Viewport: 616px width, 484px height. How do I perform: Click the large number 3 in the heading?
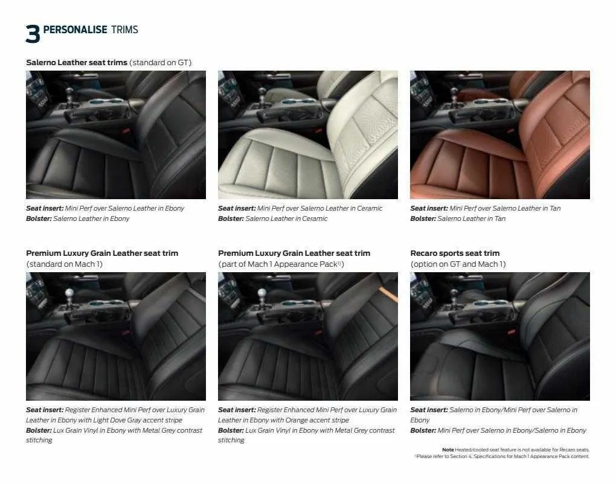(x=33, y=34)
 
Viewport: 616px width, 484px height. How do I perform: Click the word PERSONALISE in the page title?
(x=75, y=30)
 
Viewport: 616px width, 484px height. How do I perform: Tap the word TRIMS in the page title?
(x=124, y=30)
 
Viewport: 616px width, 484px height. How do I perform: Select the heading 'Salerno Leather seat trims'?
(x=77, y=62)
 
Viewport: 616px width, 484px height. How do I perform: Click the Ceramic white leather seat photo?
(x=307, y=135)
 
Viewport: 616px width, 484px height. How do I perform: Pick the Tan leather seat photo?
(x=499, y=135)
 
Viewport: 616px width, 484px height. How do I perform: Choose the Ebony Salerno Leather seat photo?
(x=115, y=135)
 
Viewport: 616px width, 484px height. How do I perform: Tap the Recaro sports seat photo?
(x=499, y=336)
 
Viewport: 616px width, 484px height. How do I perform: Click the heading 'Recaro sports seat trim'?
(x=455, y=253)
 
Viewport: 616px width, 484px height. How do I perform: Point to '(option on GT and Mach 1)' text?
(x=458, y=264)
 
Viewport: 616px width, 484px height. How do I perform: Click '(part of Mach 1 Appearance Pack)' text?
(x=281, y=264)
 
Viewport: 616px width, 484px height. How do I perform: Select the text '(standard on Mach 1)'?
(x=64, y=264)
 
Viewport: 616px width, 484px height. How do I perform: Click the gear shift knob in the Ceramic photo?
(x=261, y=93)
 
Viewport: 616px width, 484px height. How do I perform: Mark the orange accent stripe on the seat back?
(x=387, y=291)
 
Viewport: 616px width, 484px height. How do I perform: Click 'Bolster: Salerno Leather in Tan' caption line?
(x=458, y=218)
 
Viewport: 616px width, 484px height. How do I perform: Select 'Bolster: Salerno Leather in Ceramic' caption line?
(x=272, y=218)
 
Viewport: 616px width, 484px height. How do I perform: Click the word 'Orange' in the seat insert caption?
(x=299, y=420)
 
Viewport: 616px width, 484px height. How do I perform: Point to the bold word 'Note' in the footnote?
(x=448, y=450)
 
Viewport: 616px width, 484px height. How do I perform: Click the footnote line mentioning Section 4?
(x=502, y=456)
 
